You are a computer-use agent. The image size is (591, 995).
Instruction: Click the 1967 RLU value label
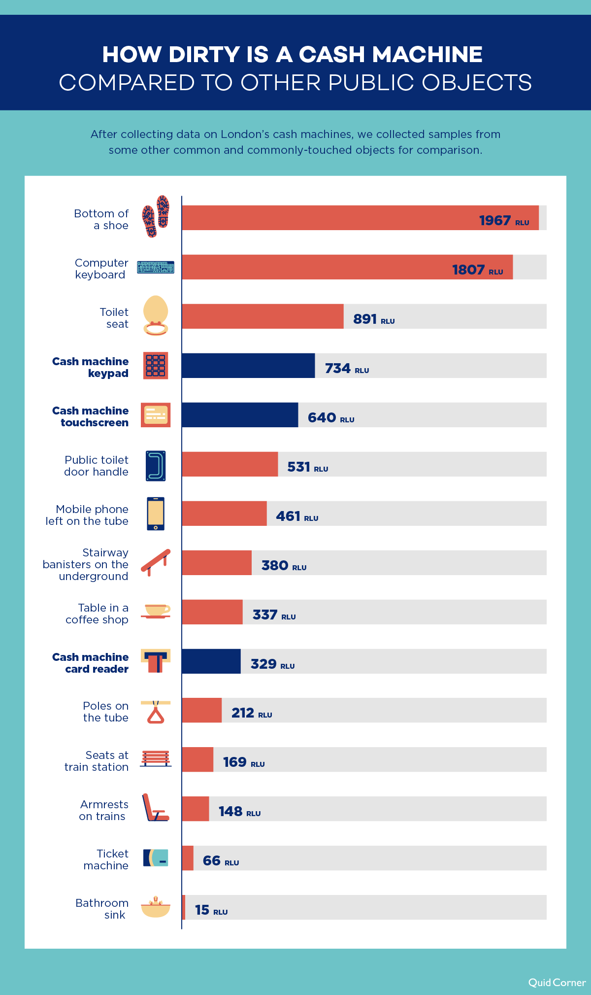tap(504, 220)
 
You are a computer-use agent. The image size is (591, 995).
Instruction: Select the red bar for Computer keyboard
tap(347, 267)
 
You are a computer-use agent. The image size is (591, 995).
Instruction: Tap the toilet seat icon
tap(156, 315)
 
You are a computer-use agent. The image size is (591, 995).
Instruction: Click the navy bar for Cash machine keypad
tap(248, 366)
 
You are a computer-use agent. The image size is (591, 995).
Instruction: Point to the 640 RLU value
tap(330, 418)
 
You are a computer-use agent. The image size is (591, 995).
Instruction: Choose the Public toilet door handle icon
tap(156, 465)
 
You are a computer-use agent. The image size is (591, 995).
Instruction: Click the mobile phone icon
tap(156, 514)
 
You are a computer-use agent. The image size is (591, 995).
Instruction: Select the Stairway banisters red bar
tap(217, 563)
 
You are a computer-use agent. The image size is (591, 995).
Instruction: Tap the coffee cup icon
tap(156, 611)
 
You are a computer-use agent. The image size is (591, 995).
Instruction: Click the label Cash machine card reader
tap(91, 663)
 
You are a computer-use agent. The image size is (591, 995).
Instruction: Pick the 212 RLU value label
tap(251, 713)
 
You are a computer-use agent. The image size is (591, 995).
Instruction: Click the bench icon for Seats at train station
tap(156, 758)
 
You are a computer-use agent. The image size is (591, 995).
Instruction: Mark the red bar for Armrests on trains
tap(196, 809)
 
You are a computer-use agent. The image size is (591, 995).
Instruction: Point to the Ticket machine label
tap(106, 859)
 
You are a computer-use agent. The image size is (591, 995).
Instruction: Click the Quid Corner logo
tap(557, 983)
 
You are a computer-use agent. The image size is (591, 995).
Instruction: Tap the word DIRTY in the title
tap(204, 55)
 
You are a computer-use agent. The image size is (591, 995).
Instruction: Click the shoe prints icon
tap(156, 216)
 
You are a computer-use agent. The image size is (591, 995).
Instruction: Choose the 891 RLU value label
tap(374, 319)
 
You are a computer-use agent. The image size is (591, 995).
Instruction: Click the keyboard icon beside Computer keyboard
tap(156, 268)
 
